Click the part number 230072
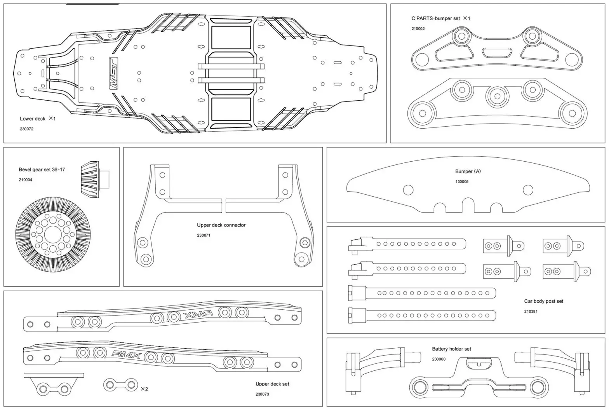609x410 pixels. pyautogui.click(x=27, y=129)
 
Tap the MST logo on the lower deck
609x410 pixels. pyautogui.click(x=114, y=74)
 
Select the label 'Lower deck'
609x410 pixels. pyautogui.click(x=33, y=119)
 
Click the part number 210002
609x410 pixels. pyautogui.click(x=418, y=29)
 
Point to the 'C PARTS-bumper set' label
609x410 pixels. pyautogui.click(x=436, y=18)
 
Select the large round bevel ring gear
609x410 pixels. pyautogui.click(x=54, y=236)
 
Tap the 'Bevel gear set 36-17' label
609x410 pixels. pyautogui.click(x=42, y=170)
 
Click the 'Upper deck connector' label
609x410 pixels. pyautogui.click(x=221, y=225)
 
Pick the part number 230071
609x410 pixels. pyautogui.click(x=204, y=236)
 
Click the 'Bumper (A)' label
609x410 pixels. pyautogui.click(x=468, y=171)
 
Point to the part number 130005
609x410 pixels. pyautogui.click(x=462, y=182)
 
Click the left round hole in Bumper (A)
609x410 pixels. pyautogui.click(x=408, y=190)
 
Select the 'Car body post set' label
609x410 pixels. pyautogui.click(x=543, y=301)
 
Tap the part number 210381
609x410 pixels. pyautogui.click(x=531, y=312)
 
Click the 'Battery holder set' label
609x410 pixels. pyautogui.click(x=451, y=349)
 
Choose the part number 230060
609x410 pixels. pyautogui.click(x=438, y=359)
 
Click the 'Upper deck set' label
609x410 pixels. pyautogui.click(x=272, y=384)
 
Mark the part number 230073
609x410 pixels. pyautogui.click(x=262, y=394)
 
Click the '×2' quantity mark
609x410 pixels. pyautogui.click(x=144, y=389)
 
